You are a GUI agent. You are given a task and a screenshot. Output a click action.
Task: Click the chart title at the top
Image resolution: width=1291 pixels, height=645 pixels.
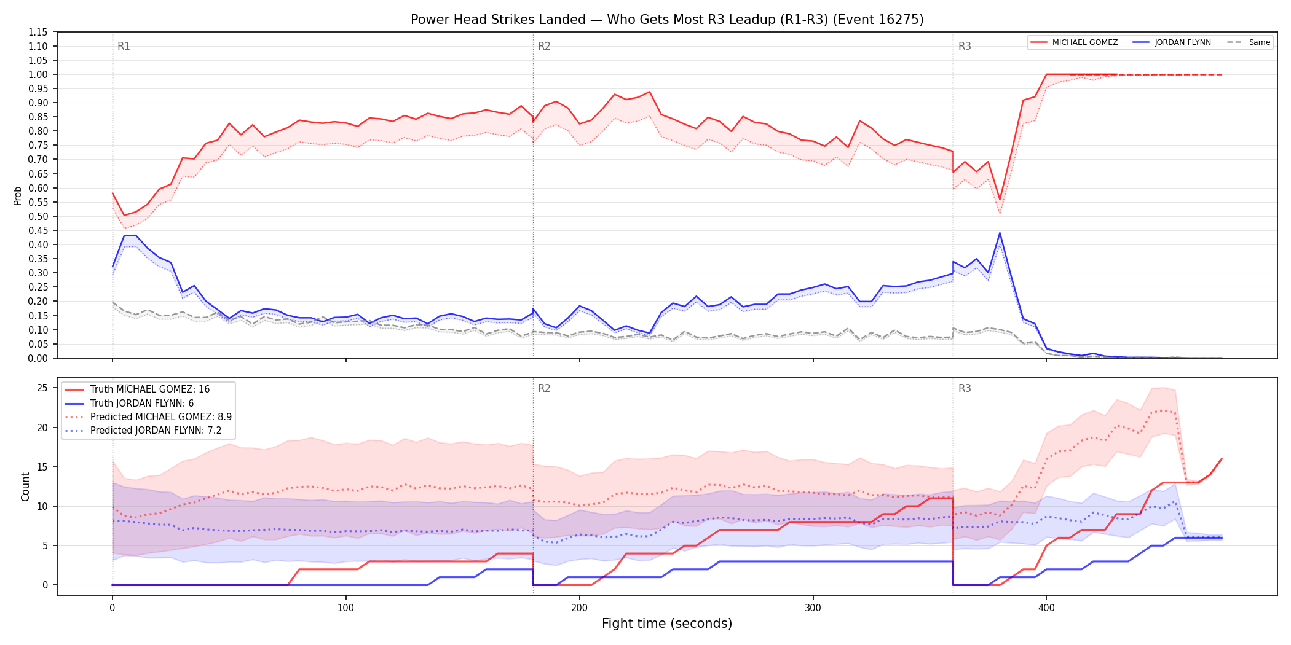pos(667,20)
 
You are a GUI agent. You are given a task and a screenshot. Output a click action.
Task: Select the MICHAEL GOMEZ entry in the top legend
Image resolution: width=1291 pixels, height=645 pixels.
pos(1075,42)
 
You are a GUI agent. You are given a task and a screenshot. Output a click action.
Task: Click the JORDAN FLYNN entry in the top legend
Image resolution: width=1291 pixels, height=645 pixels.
pos(1172,42)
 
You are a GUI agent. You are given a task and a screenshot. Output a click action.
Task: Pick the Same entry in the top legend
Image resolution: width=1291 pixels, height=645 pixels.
pos(1249,42)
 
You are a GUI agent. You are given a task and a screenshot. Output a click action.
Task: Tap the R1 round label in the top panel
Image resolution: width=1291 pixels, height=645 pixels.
pos(124,46)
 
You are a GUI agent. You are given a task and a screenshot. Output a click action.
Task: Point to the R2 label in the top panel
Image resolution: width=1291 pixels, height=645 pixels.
pos(544,46)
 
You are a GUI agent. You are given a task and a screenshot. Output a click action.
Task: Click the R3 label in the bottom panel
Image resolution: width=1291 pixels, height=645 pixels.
pos(965,388)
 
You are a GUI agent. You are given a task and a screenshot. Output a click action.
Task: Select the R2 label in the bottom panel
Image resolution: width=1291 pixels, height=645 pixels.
pos(544,388)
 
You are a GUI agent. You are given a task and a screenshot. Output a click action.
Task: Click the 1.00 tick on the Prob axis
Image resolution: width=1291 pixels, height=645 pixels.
pos(38,74)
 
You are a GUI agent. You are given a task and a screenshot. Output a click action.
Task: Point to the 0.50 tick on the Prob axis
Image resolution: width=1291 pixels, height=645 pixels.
pos(38,216)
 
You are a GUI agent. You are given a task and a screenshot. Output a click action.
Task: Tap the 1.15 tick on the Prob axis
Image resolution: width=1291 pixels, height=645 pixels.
pos(38,32)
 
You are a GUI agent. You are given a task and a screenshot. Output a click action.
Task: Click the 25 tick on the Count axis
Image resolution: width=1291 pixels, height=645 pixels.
pos(42,388)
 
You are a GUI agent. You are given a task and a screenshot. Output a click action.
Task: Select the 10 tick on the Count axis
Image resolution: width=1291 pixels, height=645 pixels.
pos(42,506)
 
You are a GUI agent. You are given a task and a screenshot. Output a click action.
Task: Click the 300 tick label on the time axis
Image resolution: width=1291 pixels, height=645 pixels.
pos(813,608)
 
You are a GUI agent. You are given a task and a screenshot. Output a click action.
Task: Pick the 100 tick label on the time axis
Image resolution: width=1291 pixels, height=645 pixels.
pos(345,608)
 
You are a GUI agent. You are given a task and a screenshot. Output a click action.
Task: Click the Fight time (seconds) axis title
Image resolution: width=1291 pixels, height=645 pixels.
pos(667,623)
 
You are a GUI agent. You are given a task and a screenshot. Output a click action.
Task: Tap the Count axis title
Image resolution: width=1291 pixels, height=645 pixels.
pos(25,487)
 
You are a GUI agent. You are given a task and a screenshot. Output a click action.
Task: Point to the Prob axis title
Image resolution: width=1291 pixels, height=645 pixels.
pos(17,195)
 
